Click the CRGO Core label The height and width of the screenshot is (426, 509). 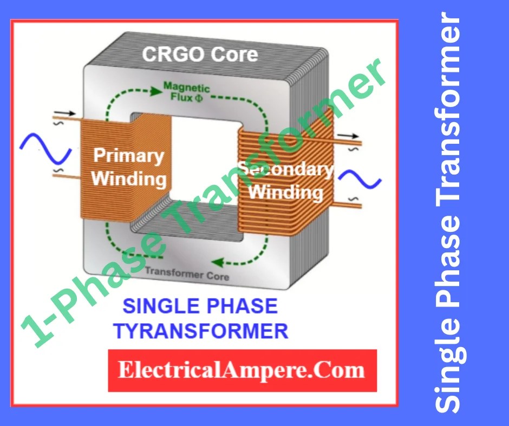(x=200, y=55)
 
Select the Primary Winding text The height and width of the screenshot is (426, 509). (x=128, y=167)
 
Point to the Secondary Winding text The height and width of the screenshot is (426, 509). (x=286, y=181)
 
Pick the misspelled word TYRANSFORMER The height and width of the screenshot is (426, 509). (x=200, y=330)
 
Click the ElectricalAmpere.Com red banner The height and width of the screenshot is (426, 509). (x=242, y=370)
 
